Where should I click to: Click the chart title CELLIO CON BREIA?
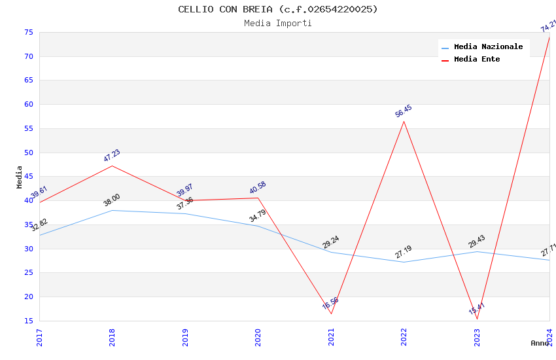[x=278, y=9]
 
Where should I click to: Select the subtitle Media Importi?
[x=278, y=23]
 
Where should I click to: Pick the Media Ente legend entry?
[x=477, y=59]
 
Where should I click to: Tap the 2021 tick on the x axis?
[x=331, y=337]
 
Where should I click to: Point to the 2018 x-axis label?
[x=113, y=337]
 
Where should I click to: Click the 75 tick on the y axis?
[x=29, y=32]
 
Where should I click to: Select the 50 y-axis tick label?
[x=29, y=153]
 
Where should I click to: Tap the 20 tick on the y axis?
[x=29, y=297]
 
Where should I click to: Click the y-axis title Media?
[x=20, y=177]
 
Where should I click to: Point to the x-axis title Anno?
[x=540, y=343]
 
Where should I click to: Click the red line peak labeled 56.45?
[x=404, y=121]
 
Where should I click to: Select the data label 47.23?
[x=112, y=155]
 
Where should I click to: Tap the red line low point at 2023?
[x=477, y=319]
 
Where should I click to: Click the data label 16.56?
[x=330, y=303]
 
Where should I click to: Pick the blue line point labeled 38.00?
[x=113, y=210]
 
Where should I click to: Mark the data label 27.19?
[x=403, y=252]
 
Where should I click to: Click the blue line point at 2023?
[x=477, y=251]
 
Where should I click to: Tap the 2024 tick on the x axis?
[x=549, y=337]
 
